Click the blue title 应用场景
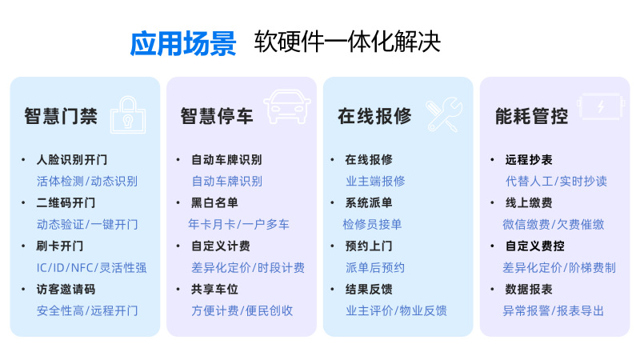tap(183, 42)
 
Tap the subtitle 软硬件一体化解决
tap(347, 42)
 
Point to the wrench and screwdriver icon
tap(442, 115)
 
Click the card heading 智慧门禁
tap(61, 117)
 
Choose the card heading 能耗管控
tap(532, 117)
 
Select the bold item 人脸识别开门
tap(72, 159)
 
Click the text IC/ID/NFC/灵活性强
tap(91, 267)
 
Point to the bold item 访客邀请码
tap(66, 289)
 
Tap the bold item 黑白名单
tap(214, 202)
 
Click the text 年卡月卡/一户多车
tap(238, 224)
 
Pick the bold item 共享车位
tap(214, 289)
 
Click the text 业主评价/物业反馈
tap(396, 310)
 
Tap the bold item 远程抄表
tap(529, 159)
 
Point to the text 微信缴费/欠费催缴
tap(553, 224)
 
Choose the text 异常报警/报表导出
tap(553, 310)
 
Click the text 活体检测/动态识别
tap(87, 181)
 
